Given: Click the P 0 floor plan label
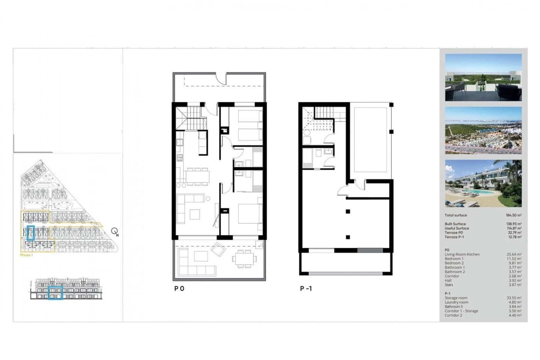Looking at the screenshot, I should point(179,289).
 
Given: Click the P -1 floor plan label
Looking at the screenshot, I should point(306,289).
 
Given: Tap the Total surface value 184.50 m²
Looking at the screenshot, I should point(513,215).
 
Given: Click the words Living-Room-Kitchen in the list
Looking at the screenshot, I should point(462,254).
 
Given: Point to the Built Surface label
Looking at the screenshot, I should point(455,224).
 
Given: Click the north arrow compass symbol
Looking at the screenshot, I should point(115,232).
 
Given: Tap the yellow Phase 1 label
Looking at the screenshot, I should point(26,255).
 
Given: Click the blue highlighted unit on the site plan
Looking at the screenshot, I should point(31,233).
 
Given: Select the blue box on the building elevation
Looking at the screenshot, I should point(55,293).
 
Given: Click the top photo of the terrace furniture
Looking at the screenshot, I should point(483,77).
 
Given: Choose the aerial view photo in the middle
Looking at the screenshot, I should point(483,130).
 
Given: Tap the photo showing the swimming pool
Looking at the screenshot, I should point(483,183).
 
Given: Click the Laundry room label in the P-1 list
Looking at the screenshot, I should point(456,302).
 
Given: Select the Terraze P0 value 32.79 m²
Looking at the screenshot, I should point(514,233).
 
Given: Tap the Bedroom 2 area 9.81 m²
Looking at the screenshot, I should point(515,263).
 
